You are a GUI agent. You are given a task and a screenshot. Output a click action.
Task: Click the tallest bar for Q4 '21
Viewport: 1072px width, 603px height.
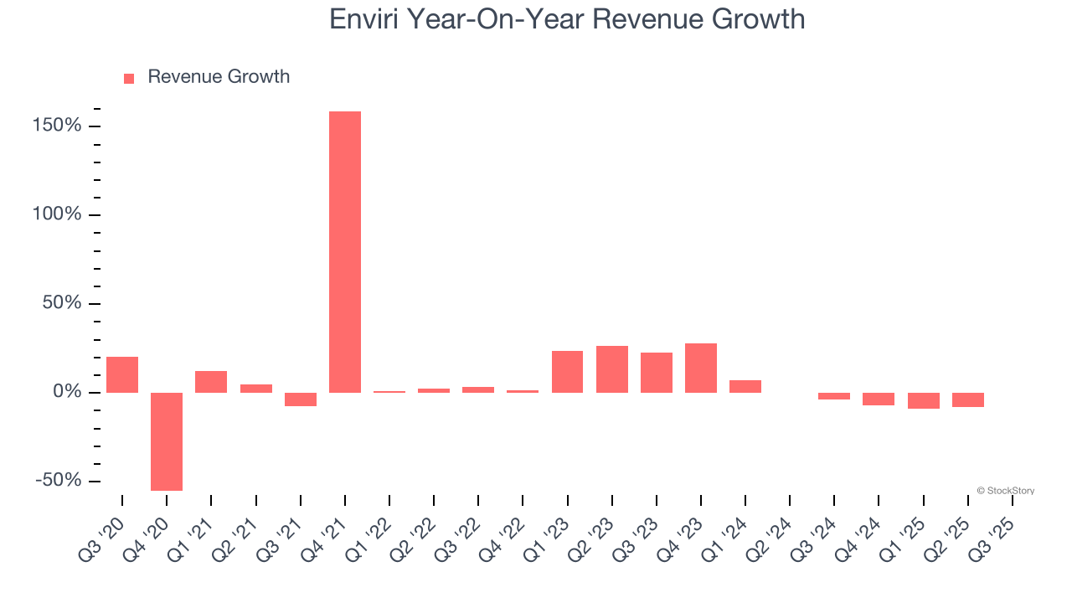[x=345, y=251]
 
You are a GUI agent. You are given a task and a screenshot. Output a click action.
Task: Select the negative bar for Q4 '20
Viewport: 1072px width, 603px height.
[x=167, y=441]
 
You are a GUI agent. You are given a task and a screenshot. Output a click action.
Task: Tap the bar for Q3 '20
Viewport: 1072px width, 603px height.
[x=122, y=374]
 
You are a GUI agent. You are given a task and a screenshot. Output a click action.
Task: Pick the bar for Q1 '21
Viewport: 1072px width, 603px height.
[x=211, y=382]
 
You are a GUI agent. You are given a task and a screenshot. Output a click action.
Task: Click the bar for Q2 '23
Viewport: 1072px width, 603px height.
[x=612, y=369]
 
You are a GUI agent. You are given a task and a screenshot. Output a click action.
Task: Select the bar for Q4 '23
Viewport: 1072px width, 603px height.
[x=701, y=368]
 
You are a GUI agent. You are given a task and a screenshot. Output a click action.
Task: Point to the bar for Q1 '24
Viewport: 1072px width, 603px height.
[x=745, y=386]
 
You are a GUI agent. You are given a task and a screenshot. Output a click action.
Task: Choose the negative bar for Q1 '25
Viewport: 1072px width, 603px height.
[x=924, y=400]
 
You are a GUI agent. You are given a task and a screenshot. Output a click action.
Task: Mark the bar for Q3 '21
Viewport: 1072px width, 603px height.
[x=300, y=399]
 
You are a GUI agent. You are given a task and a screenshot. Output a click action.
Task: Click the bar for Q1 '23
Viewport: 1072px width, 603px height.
[x=568, y=372]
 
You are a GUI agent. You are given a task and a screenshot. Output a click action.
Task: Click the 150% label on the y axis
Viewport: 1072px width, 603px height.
[x=58, y=126]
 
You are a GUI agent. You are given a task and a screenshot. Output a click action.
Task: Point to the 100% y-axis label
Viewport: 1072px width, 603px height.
[x=58, y=214]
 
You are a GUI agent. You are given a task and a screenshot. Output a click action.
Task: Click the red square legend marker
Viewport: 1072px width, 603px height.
[x=129, y=79]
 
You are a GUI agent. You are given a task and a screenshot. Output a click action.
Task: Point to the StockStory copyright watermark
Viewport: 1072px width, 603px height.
[x=1005, y=491]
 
